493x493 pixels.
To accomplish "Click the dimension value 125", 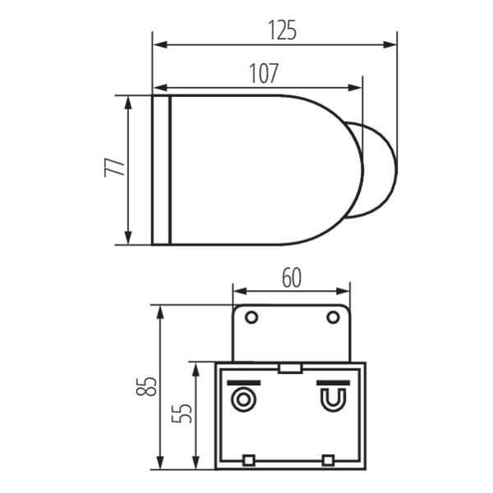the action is tap(282, 30).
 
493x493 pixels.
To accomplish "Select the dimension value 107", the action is tap(264, 73).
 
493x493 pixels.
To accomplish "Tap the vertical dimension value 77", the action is tap(114, 168).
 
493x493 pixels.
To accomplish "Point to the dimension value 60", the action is tap(292, 278).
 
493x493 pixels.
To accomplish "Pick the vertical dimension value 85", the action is tap(146, 386).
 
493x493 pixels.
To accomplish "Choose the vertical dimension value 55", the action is tap(182, 413).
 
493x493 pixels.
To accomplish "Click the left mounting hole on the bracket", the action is tap(251, 317).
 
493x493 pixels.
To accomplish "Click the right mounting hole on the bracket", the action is tap(333, 317).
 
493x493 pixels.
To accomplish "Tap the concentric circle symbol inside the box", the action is tap(243, 399).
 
